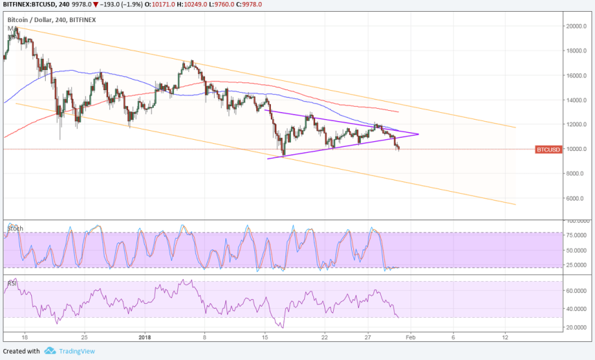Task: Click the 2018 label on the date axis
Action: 144,337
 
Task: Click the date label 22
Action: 325,337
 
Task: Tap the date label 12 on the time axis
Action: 505,337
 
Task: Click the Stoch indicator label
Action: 15,228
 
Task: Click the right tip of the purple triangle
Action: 419,134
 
